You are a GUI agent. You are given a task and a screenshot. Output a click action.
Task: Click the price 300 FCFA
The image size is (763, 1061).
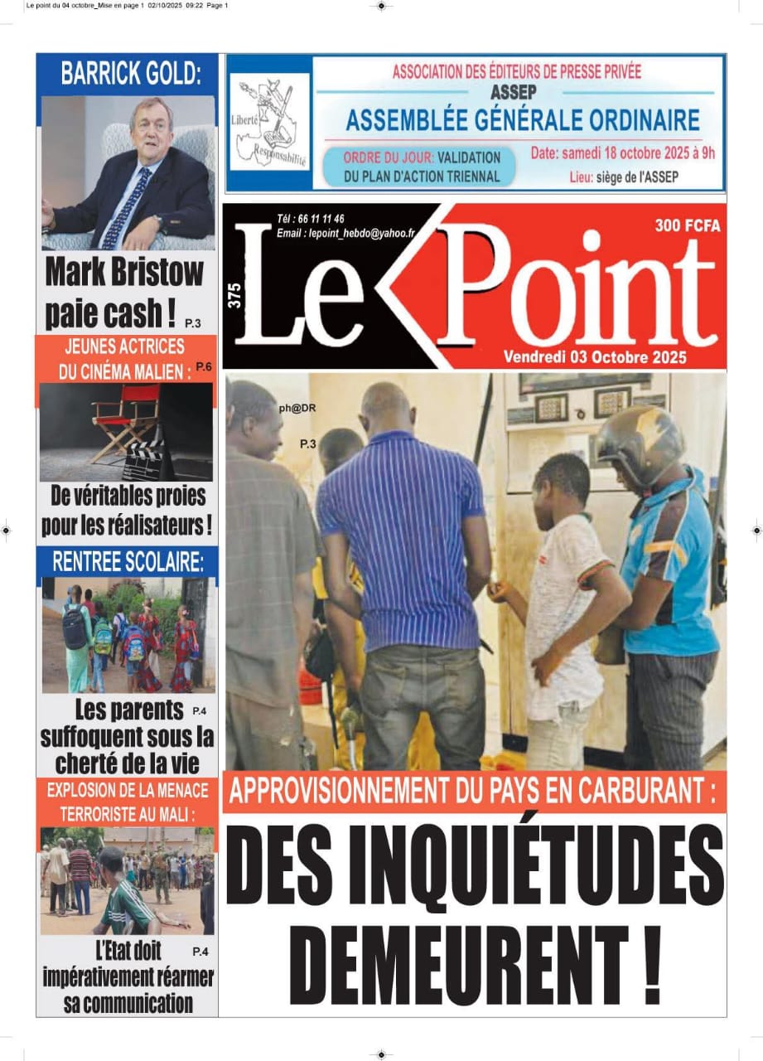(x=687, y=225)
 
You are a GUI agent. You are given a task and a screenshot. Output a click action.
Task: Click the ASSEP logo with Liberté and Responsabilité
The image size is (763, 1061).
(x=269, y=123)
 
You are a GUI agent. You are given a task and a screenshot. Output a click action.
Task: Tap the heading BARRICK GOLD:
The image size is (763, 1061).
(x=130, y=74)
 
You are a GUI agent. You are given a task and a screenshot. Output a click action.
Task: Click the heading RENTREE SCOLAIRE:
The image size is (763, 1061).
(x=128, y=561)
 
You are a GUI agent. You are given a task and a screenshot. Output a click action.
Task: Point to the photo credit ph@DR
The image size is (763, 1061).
(x=297, y=407)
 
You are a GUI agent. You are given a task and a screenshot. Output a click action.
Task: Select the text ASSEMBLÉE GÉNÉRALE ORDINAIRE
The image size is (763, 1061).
(x=522, y=121)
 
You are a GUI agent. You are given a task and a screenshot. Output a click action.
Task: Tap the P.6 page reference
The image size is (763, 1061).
(x=204, y=366)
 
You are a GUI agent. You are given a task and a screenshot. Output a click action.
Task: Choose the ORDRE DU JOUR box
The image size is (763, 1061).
(x=423, y=167)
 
